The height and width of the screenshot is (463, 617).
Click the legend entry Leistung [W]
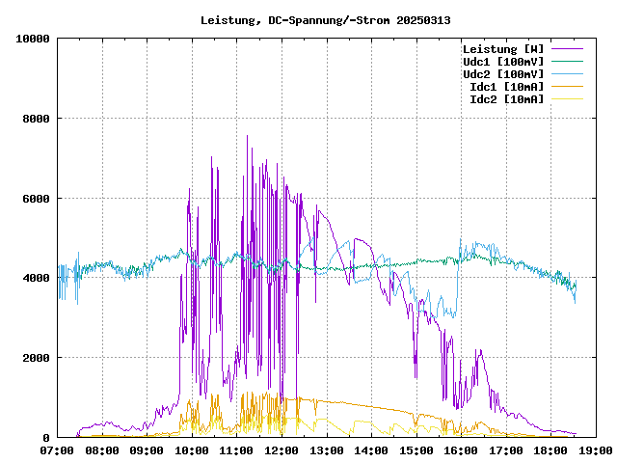[x=502, y=49]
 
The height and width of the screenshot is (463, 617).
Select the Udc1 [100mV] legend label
[x=502, y=62]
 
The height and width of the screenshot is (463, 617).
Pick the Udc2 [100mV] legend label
[x=502, y=74]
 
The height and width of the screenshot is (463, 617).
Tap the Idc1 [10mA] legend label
[x=506, y=87]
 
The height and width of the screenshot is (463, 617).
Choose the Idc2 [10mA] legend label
[x=506, y=99]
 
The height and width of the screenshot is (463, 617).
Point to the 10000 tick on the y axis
[x=33, y=39]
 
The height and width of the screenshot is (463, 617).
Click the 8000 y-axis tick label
[x=36, y=119]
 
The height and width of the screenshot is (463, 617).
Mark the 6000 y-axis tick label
[x=36, y=199]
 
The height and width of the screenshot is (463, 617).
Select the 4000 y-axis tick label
[x=36, y=278]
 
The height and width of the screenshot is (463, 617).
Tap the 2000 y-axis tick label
[x=36, y=358]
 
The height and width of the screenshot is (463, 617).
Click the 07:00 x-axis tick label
[x=58, y=449]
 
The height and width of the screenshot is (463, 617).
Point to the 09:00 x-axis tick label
[x=148, y=449]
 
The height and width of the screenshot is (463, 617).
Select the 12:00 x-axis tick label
[x=282, y=449]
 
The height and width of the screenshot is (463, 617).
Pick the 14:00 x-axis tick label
[x=371, y=449]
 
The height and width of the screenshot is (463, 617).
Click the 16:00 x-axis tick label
[x=461, y=449]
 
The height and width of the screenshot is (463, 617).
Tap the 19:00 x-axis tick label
[x=595, y=449]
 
